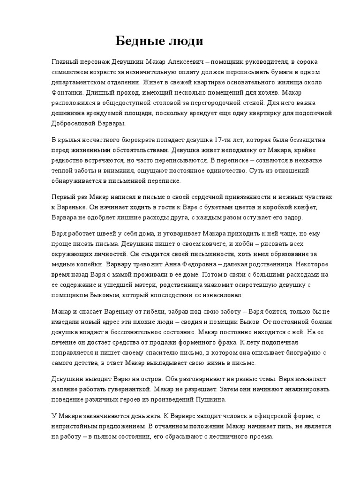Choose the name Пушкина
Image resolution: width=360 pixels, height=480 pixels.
[209, 399]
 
